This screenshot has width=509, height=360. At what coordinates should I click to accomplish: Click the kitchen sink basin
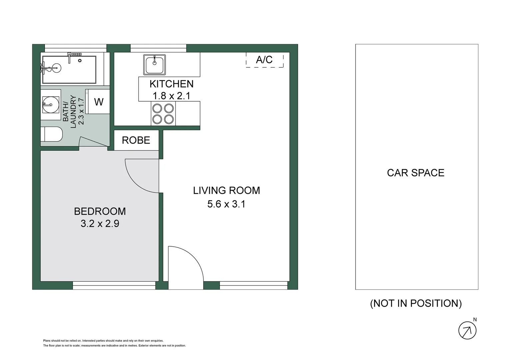[x=155, y=65]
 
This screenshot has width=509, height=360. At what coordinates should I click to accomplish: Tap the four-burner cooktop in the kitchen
[x=163, y=114]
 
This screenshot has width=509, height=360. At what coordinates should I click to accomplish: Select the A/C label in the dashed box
[x=264, y=60]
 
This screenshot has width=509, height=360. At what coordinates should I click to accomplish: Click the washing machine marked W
[x=98, y=102]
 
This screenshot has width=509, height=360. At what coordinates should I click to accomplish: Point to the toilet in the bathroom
[x=53, y=134]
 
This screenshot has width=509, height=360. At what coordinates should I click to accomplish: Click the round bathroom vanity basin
[x=51, y=105]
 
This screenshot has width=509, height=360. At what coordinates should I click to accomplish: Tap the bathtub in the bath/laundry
[x=69, y=69]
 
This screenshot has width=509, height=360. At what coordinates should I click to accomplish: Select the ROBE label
[x=136, y=140]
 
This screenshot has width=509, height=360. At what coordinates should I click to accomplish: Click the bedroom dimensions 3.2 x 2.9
[x=100, y=223]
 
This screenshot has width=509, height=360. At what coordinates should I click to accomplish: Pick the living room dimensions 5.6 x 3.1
[x=226, y=204]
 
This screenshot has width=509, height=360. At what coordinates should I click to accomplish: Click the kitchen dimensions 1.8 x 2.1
[x=171, y=96]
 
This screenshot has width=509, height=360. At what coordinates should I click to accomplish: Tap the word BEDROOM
[x=100, y=211]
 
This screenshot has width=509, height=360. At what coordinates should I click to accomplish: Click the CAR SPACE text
[x=415, y=173]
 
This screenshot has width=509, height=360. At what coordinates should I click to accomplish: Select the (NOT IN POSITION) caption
[x=416, y=303]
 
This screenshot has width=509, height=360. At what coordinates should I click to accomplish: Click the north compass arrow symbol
[x=467, y=331]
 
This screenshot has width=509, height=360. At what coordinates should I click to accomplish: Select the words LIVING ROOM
[x=226, y=190]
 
